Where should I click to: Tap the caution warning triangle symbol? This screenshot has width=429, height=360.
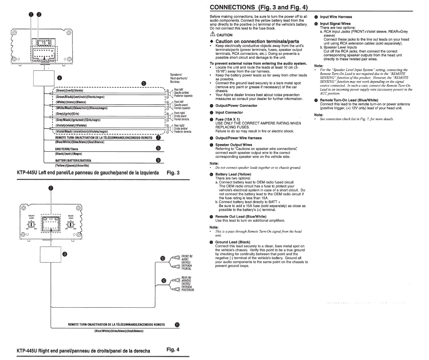[x=212, y=34]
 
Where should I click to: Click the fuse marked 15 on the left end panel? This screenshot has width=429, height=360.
[x=43, y=43]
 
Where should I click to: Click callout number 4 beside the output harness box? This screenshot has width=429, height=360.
[x=60, y=78]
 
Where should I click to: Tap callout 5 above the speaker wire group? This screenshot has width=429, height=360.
[x=144, y=83]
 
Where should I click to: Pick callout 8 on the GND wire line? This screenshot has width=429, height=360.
[x=158, y=148]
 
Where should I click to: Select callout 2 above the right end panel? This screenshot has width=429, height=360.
[x=51, y=188]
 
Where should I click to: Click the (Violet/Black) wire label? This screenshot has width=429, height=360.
[x=82, y=131]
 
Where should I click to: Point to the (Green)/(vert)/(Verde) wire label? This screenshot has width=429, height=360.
[x=69, y=91]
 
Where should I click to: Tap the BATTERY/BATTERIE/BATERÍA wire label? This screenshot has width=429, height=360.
[x=73, y=160]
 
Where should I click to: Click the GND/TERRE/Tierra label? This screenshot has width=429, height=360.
[x=67, y=149]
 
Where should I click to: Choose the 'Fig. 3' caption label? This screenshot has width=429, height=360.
[x=173, y=173]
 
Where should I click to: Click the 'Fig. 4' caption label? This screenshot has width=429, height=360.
[x=173, y=350]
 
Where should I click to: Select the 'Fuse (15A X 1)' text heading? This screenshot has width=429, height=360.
[x=227, y=119]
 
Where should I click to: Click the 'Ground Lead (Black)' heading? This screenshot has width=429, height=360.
[x=233, y=242]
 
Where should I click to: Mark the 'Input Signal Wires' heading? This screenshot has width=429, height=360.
[x=335, y=24]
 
